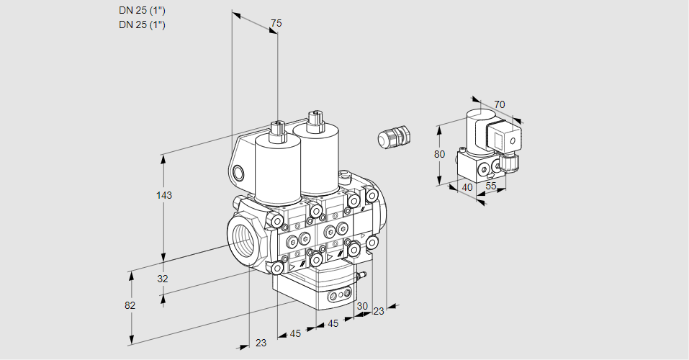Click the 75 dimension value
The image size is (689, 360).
(276, 24)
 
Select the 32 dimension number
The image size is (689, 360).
(163, 279)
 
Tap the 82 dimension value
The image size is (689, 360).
(130, 305)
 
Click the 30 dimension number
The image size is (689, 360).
(361, 305)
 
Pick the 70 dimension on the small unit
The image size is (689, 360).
(500, 105)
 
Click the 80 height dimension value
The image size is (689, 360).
(441, 154)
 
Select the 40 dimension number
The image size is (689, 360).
(467, 187)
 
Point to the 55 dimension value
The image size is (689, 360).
(491, 186)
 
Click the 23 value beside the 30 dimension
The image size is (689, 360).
(379, 310)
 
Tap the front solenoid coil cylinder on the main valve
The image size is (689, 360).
(278, 169)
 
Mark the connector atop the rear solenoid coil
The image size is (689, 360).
(313, 120)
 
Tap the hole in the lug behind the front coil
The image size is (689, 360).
(238, 172)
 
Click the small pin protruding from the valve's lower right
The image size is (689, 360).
(362, 274)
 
